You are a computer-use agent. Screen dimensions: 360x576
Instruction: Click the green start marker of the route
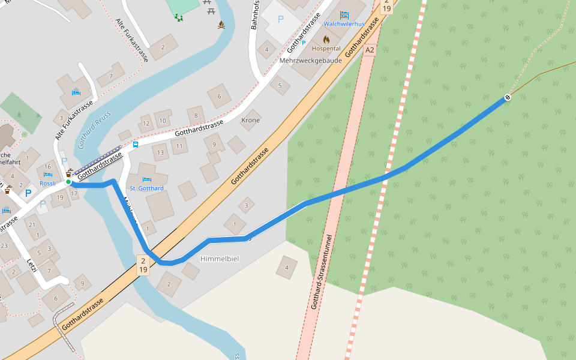[68, 182]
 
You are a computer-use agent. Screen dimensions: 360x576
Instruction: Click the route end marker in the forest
[508, 97]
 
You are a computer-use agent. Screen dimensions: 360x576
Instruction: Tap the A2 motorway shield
[370, 50]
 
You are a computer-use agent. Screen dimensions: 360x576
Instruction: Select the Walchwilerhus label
[344, 24]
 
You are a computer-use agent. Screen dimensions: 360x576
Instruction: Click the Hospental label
[326, 48]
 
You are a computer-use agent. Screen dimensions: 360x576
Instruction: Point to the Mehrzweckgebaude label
[310, 61]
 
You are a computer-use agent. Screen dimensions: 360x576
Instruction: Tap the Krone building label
[250, 120]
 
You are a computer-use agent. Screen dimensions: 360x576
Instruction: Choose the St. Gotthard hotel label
[146, 188]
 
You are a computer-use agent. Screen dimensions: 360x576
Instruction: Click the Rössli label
[47, 184]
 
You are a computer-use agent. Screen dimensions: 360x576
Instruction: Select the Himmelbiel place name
[219, 258]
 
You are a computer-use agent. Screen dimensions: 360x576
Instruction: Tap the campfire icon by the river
[221, 25]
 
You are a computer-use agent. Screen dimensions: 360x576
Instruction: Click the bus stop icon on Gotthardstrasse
[135, 144]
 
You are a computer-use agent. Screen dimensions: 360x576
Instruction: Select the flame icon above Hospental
[326, 39]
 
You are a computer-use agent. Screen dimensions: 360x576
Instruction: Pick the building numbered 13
[160, 152]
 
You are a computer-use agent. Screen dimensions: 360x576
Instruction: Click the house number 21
[32, 225]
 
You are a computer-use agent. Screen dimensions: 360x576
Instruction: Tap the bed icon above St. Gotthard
[147, 179]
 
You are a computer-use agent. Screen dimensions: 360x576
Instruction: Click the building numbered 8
[195, 115]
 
